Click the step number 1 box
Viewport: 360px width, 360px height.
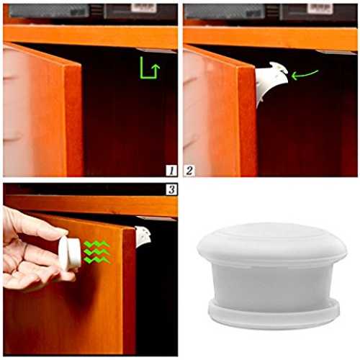[x=171, y=171]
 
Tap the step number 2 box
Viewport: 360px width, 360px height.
[x=189, y=171]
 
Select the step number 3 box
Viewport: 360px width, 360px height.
[x=171, y=189]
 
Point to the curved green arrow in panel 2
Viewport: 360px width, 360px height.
[x=305, y=74]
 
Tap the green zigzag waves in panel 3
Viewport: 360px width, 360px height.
[x=98, y=252]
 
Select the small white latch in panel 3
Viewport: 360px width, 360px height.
[x=143, y=236]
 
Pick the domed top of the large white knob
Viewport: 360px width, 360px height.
[x=272, y=243]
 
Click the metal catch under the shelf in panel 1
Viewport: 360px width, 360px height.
[x=157, y=50]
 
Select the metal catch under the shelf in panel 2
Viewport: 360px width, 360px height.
[x=336, y=52]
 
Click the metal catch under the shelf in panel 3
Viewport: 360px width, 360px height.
[x=156, y=219]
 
